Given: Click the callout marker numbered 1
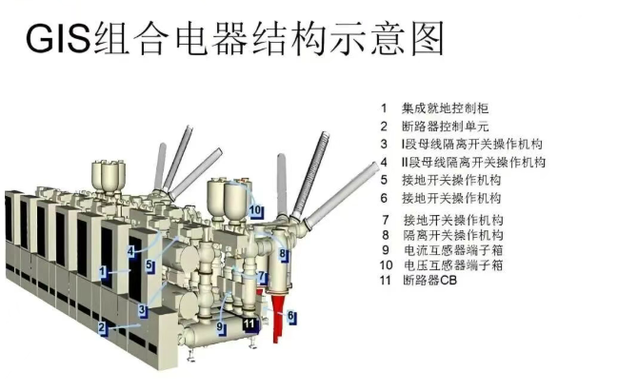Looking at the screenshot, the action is tap(104, 272).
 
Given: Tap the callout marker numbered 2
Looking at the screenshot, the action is tap(103, 327).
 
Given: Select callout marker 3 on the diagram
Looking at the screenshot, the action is tap(142, 310).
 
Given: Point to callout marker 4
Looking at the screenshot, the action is tap(130, 251).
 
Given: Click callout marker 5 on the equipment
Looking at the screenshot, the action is tap(150, 265).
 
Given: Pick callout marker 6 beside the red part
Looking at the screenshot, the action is tap(291, 316).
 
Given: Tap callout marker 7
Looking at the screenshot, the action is tap(263, 277).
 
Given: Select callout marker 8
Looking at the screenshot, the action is tap(283, 254).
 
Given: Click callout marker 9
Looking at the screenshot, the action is tap(221, 326).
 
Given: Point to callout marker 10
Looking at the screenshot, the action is tap(256, 210).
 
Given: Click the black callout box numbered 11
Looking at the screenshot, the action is tap(249, 324).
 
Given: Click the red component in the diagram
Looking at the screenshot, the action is tap(277, 313).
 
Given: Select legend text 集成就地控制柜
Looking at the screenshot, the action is tap(445, 108).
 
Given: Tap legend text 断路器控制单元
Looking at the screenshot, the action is tap(445, 127).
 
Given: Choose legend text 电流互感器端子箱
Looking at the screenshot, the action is tap(453, 250).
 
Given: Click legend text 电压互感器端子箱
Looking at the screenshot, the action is tap(453, 265).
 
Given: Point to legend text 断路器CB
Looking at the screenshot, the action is tap(429, 280).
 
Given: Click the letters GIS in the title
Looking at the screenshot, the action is tap(58, 39).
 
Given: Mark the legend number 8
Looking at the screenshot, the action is tap(386, 235).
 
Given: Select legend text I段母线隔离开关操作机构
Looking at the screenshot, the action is tap(472, 144).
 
